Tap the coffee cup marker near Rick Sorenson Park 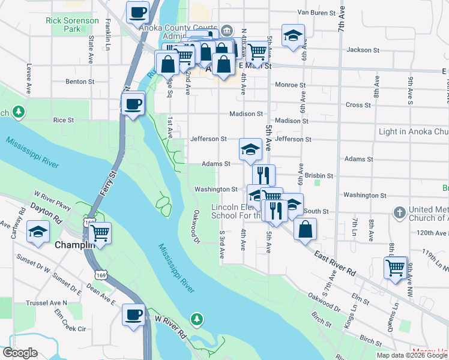[x=137, y=11]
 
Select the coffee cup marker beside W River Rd [x=134, y=314]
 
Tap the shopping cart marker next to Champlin [x=100, y=232]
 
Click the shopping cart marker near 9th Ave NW [x=395, y=268]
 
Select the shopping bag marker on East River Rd [x=306, y=228]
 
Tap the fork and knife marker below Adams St [x=264, y=175]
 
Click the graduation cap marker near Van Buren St [x=293, y=35]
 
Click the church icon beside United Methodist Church [x=400, y=212]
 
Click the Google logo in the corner [x=20, y=353]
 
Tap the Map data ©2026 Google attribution [x=411, y=355]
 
